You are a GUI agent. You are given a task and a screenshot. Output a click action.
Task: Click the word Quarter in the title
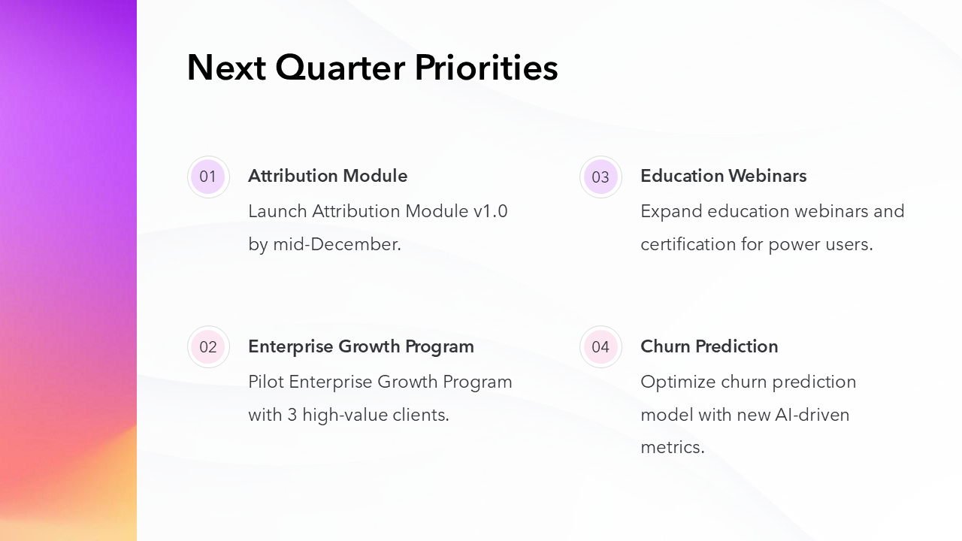pos(340,68)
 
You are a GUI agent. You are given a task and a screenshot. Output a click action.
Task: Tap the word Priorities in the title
pos(486,68)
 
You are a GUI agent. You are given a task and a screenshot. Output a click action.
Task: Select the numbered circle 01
pos(208,177)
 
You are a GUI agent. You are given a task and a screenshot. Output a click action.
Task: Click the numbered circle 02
pos(208,346)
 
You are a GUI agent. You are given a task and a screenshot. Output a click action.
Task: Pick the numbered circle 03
pos(600,177)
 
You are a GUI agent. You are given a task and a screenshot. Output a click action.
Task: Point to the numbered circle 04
pos(600,346)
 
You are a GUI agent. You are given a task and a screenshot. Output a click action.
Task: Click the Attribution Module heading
pos(328,176)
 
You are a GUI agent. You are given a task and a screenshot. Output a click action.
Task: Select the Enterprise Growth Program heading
pos(362,347)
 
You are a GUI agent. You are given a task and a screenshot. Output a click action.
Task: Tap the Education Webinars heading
pos(724,176)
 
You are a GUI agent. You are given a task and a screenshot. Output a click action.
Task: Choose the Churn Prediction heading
pos(709,346)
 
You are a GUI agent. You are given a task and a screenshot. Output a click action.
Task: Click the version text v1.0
pos(491,212)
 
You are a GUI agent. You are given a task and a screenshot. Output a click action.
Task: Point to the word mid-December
pos(337,244)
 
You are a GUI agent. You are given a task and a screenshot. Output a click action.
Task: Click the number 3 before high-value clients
pos(292,416)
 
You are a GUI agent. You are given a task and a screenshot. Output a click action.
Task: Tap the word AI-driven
pos(812,416)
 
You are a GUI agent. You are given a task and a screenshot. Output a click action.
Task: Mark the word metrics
pos(673,448)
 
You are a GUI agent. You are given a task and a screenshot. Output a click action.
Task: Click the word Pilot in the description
pos(266,382)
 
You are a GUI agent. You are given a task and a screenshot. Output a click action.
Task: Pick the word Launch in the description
pos(277,212)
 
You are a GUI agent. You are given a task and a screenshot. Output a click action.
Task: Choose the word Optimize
pos(678,382)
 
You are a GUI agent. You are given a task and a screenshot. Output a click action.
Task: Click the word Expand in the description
pos(671,212)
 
